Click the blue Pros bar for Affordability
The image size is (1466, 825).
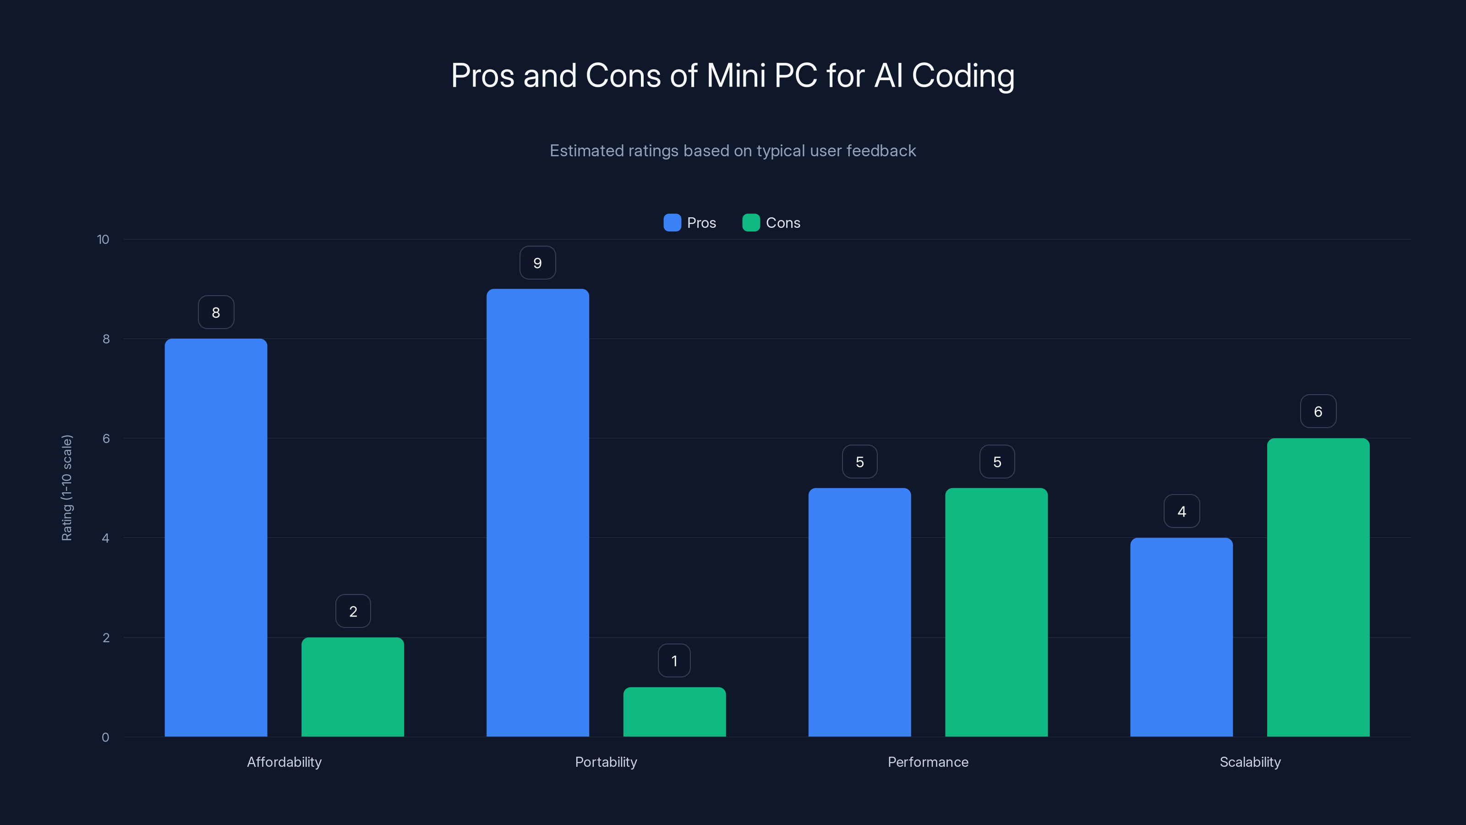(x=216, y=538)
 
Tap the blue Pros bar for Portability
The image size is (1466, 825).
(x=537, y=512)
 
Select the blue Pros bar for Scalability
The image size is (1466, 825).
(x=1182, y=637)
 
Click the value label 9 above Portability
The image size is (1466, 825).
(x=537, y=263)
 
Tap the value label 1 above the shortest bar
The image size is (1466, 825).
(x=674, y=661)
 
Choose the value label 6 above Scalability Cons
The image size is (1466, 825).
(x=1318, y=412)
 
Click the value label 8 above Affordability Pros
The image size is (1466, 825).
(x=216, y=313)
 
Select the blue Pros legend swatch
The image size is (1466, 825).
(x=672, y=223)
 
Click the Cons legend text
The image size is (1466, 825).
(x=782, y=223)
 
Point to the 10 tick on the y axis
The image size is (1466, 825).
(x=103, y=240)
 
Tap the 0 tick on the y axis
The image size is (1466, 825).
(x=105, y=737)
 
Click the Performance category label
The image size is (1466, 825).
(x=928, y=762)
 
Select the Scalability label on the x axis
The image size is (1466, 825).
(x=1250, y=762)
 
